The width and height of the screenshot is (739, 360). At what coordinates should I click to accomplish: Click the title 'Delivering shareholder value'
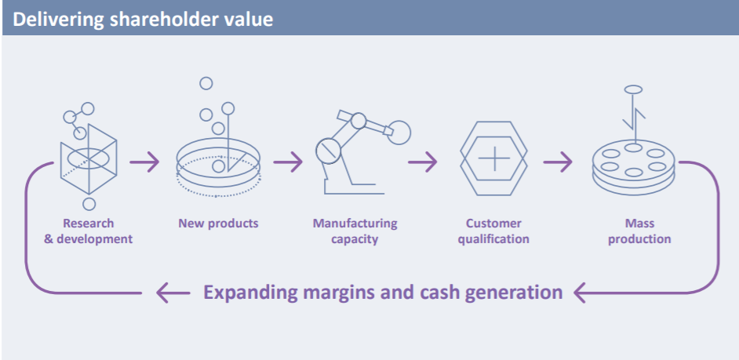pos(142,20)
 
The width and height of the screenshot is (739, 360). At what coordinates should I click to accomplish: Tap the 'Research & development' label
pos(88,231)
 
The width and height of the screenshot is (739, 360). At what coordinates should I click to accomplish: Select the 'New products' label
pos(218,223)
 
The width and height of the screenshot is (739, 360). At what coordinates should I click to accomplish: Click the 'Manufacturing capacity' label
pos(355,231)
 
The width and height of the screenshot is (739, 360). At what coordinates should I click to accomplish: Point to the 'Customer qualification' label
pos(494,231)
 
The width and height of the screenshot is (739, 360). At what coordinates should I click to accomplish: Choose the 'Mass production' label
pos(639,231)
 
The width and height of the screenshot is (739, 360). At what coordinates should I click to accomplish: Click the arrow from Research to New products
pos(144,162)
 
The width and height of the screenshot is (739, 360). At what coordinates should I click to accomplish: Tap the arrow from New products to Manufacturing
pos(287,162)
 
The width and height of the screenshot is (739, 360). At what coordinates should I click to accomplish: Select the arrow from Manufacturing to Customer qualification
pos(423,162)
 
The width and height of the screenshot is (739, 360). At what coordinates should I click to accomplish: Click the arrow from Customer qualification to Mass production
pos(558,162)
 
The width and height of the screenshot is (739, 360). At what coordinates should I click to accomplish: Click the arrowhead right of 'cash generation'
pos(580,293)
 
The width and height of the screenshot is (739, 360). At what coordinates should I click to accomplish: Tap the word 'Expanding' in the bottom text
pos(250,293)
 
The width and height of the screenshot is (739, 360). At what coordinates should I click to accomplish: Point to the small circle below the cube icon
pos(89,204)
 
